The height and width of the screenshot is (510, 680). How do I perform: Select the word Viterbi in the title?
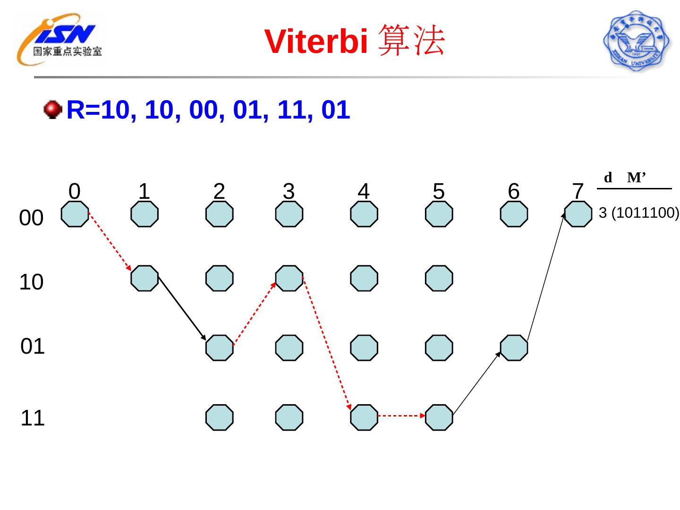(316, 42)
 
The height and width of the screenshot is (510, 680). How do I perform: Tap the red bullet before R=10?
(53, 110)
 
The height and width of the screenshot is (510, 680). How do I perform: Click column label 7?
(578, 191)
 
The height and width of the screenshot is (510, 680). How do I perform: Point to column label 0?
(75, 191)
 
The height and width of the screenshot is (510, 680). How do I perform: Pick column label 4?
(363, 191)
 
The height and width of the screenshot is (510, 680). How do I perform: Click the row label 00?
(31, 218)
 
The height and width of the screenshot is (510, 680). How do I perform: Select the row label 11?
(33, 418)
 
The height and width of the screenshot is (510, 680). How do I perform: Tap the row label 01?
(33, 347)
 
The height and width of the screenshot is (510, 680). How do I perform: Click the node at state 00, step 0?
(75, 214)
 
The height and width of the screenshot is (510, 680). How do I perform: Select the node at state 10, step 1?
(144, 278)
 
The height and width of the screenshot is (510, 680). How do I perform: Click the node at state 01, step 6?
(514, 348)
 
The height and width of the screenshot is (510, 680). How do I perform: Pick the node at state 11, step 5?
(439, 417)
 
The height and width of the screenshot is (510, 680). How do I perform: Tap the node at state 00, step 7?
(578, 214)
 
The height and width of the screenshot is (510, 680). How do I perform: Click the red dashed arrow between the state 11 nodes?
(401, 416)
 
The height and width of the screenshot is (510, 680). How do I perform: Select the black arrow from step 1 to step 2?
(182, 308)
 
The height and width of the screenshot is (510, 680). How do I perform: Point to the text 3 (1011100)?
(638, 213)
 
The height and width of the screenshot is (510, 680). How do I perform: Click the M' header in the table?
(636, 178)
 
